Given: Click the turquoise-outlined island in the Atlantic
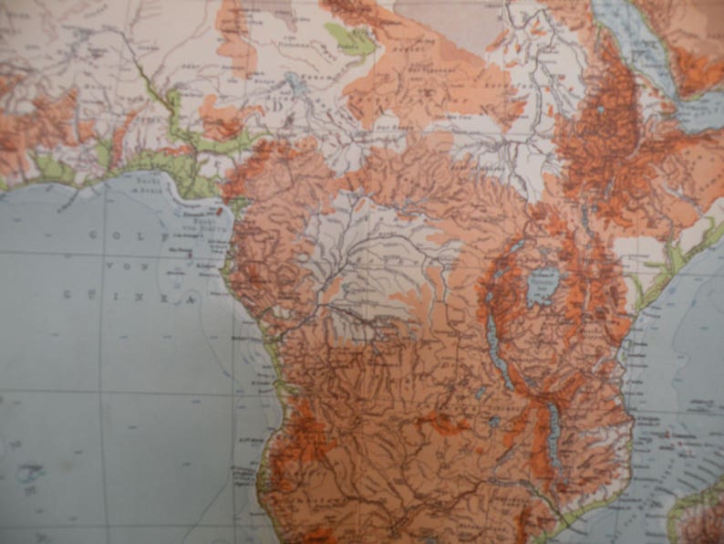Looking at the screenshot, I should tap(30, 474).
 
